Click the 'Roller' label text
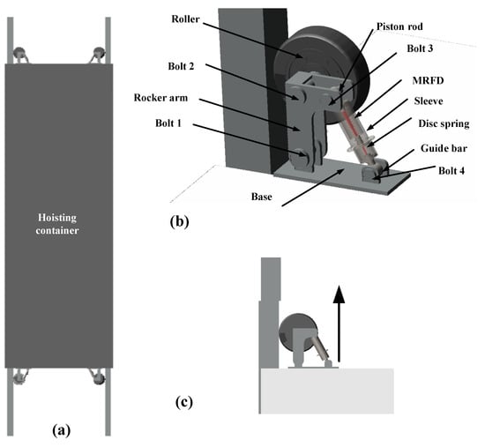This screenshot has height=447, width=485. tap(185, 19)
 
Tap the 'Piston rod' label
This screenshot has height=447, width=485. tap(399, 26)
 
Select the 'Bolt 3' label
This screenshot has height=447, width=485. tap(420, 48)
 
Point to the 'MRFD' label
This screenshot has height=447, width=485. tap(428, 81)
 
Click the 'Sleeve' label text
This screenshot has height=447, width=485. tap(429, 101)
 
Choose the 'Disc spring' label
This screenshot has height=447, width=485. tap(444, 123)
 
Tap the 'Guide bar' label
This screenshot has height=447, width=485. tap(444, 148)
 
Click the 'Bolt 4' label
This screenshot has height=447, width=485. tap(451, 171)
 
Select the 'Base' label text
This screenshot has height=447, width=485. tap(262, 197)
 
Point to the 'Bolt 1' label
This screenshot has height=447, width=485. tap(168, 123)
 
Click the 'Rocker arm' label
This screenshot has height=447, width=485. tap(160, 98)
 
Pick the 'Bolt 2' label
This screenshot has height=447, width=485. tap(181, 66)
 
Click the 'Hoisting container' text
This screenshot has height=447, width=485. tap(57, 224)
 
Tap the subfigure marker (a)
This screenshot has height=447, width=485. tap(62, 430)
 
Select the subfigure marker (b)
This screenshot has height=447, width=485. tap(179, 221)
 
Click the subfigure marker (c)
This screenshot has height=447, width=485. tap(183, 402)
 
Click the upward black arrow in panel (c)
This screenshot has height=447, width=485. tap(339, 324)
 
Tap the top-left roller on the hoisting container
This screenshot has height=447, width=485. tap(20, 54)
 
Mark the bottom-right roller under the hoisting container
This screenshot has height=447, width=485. tap(99, 377)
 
